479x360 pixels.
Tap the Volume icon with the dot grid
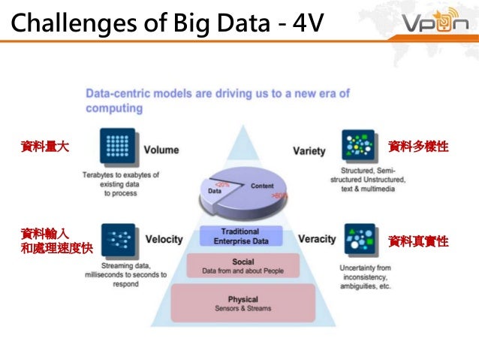(x=116, y=147)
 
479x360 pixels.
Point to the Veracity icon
(x=358, y=240)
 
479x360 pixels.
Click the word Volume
(x=161, y=150)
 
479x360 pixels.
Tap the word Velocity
(x=164, y=240)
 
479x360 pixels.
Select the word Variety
(x=309, y=150)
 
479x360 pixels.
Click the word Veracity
(x=317, y=239)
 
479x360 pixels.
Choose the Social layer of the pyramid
(x=243, y=266)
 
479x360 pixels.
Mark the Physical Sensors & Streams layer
(x=243, y=304)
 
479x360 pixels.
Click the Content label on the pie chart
(x=262, y=186)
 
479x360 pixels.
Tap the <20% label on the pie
(x=222, y=183)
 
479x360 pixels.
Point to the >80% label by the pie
(x=279, y=195)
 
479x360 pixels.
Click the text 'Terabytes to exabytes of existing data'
(x=121, y=180)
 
